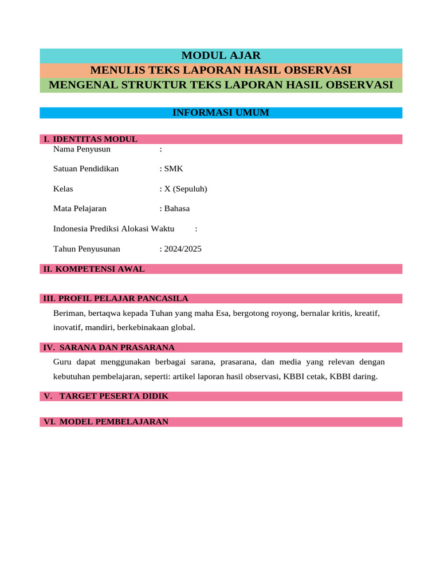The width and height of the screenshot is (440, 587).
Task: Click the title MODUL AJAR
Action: point(221,56)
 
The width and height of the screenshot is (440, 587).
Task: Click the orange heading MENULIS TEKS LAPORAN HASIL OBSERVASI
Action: point(221,71)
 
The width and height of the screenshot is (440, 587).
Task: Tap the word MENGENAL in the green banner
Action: point(78,85)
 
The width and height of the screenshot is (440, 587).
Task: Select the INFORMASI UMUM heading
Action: point(221,112)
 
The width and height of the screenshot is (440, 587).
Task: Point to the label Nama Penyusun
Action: point(82,150)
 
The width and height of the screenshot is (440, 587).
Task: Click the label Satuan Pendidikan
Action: point(86,169)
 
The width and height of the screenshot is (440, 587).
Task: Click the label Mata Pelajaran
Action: point(80,209)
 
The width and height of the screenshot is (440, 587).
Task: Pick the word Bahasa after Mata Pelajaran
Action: point(177,209)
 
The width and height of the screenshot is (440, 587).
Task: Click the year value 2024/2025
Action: point(183,249)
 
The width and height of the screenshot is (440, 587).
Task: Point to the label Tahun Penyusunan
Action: point(87,249)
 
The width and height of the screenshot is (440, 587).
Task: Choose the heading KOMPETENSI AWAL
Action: point(101,269)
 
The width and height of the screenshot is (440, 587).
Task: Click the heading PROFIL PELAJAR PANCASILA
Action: point(123,299)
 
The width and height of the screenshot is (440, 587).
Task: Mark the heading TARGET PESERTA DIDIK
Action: point(113,396)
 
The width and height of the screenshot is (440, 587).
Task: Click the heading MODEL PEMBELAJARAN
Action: point(113,422)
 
